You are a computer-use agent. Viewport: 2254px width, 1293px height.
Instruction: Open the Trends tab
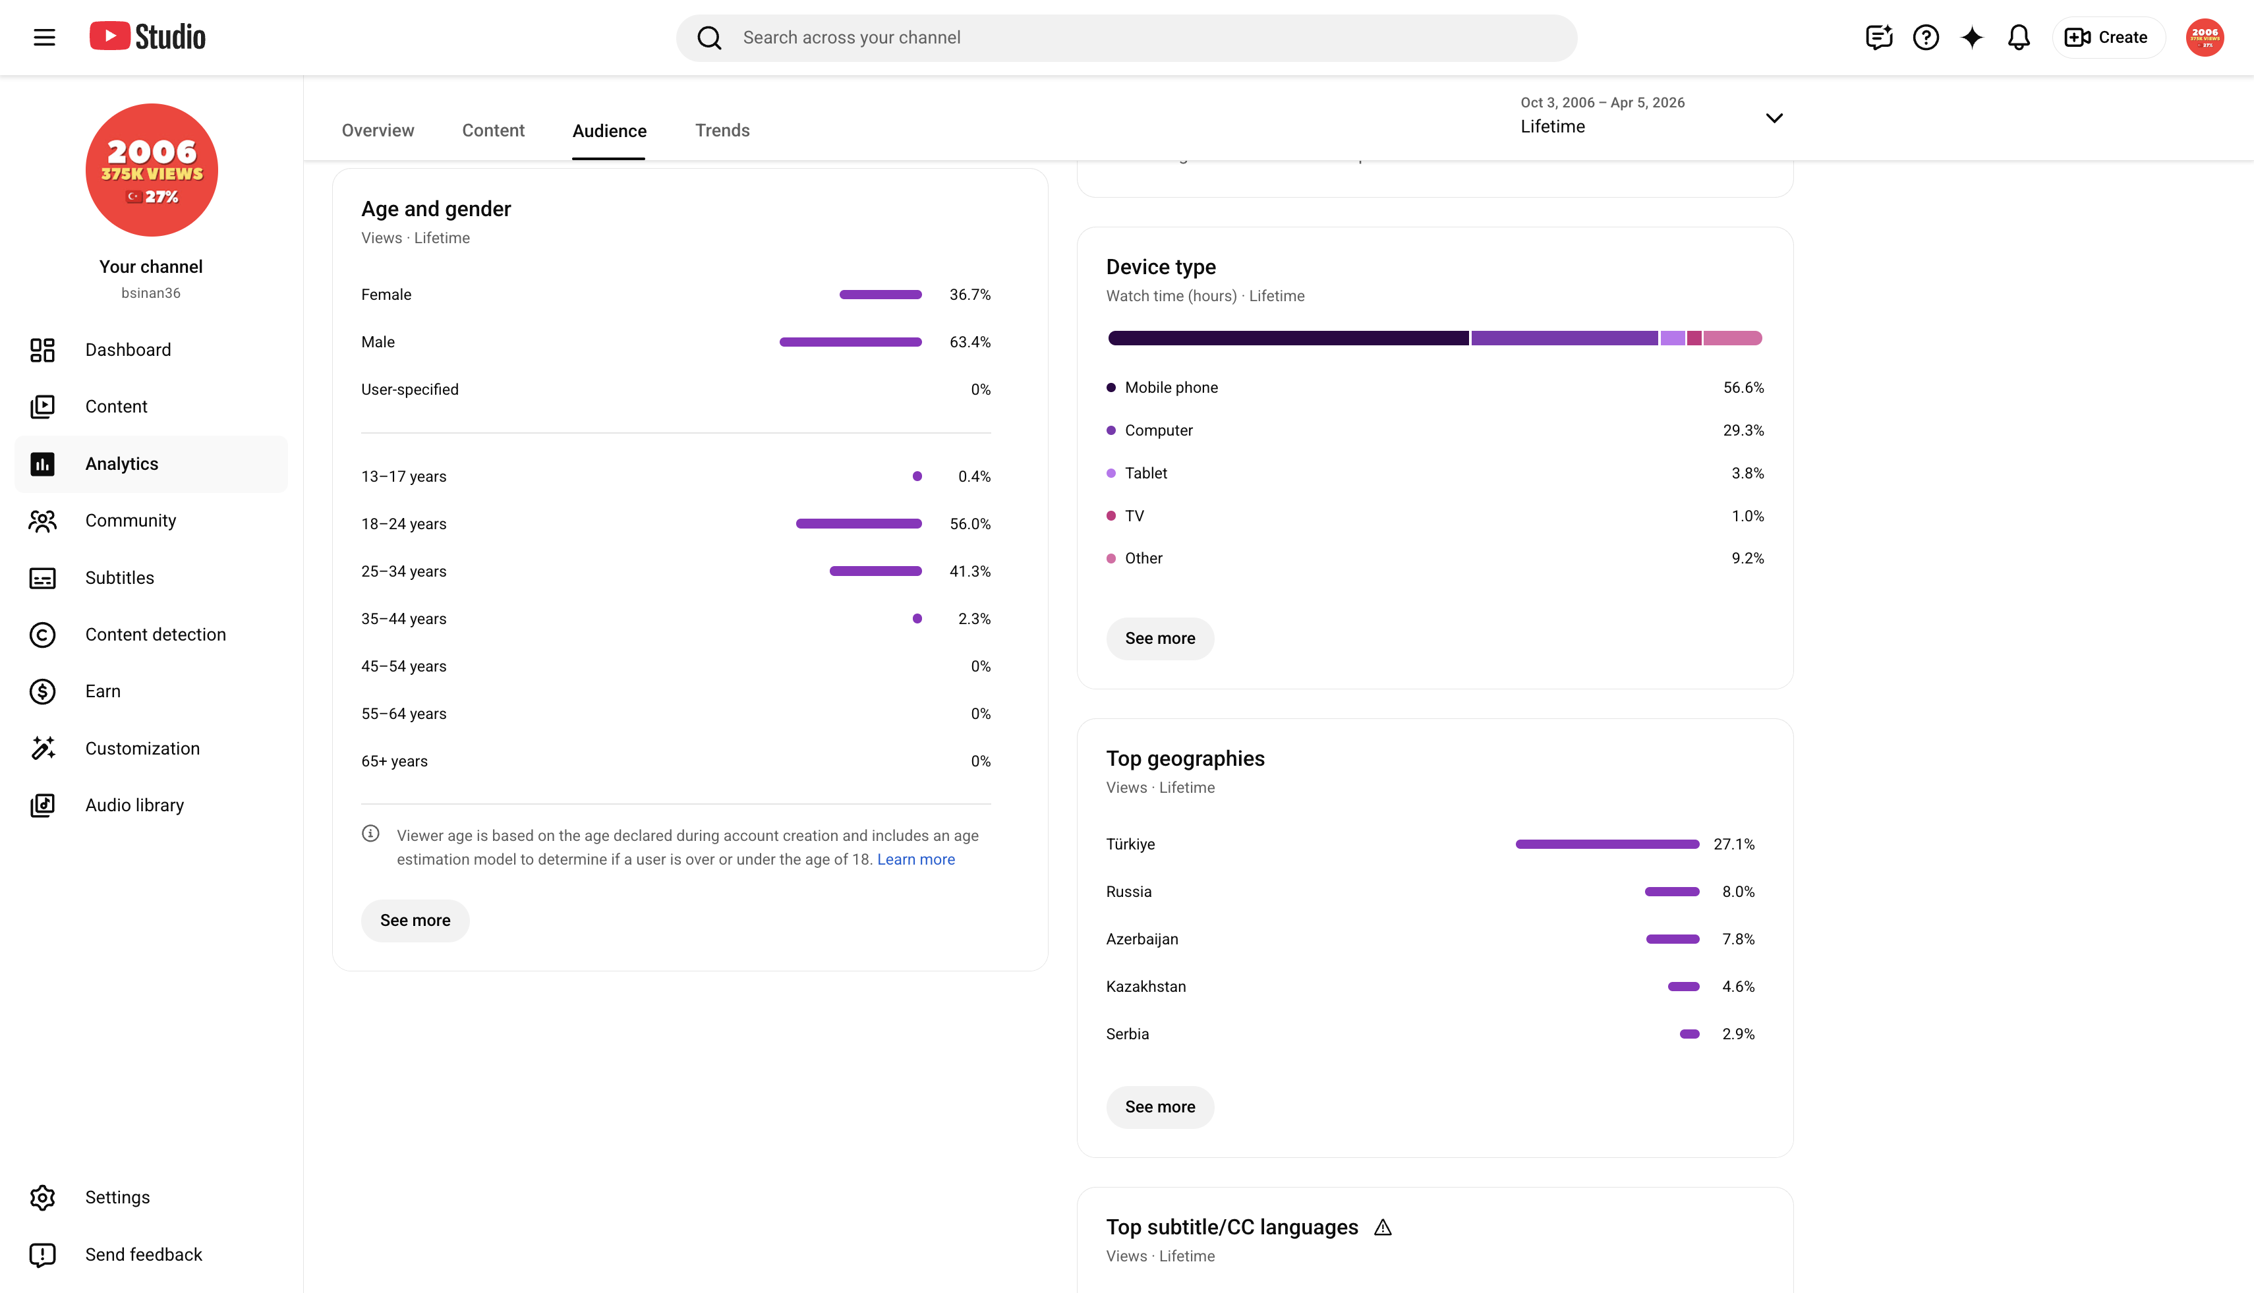coord(722,130)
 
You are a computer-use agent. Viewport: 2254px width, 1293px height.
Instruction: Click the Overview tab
coord(378,130)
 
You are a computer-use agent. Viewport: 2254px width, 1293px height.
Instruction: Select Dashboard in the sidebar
coord(128,350)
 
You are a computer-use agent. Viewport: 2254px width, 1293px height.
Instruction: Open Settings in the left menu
coord(117,1197)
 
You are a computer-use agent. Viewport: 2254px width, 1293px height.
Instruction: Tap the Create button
coord(2108,38)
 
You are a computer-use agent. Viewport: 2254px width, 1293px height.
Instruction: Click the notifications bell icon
coord(2019,38)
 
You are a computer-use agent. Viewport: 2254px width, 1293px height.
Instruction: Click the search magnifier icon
coord(708,38)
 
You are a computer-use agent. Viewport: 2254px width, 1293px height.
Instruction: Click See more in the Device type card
coord(1160,639)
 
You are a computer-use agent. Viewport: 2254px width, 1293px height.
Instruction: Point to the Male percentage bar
coord(851,342)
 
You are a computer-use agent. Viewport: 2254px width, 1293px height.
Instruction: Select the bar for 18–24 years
coord(859,524)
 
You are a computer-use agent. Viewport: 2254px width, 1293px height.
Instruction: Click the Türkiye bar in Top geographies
coord(1607,844)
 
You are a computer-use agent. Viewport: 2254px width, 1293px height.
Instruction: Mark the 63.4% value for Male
coord(969,342)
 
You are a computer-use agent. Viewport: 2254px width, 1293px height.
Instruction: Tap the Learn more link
coord(915,859)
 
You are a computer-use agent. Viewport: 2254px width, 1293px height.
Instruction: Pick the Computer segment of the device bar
coord(1564,338)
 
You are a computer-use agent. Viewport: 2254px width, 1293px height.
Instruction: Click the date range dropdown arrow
coord(1774,118)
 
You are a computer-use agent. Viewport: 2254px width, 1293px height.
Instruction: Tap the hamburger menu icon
coord(44,38)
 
